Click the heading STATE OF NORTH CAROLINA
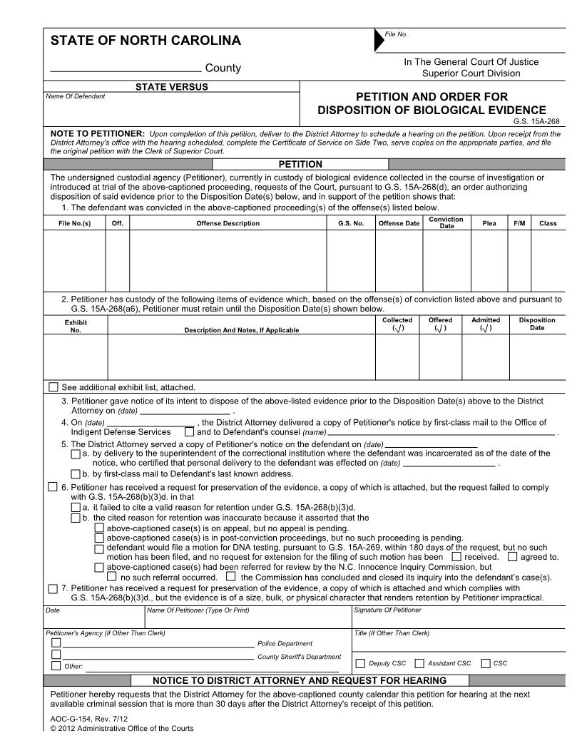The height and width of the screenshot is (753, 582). [145, 41]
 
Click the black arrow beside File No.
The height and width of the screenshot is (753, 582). [378, 41]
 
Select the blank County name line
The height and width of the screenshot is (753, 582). [126, 69]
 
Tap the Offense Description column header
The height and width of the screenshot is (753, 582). [228, 223]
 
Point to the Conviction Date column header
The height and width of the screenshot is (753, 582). [446, 222]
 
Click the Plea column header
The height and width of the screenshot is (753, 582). [489, 223]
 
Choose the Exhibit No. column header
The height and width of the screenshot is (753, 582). [76, 325]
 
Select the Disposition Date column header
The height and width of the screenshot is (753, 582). [537, 324]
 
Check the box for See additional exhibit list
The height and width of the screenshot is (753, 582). [53, 387]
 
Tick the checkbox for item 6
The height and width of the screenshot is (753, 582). [52, 487]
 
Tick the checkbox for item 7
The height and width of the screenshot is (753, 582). [52, 588]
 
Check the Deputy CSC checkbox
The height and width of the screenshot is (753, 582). [360, 663]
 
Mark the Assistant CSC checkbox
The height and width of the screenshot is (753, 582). [419, 663]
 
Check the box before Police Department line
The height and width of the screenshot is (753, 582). [56, 642]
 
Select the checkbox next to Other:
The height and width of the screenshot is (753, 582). [56, 666]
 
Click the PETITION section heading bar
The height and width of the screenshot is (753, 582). [300, 164]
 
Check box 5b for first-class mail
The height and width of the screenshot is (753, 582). [76, 474]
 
